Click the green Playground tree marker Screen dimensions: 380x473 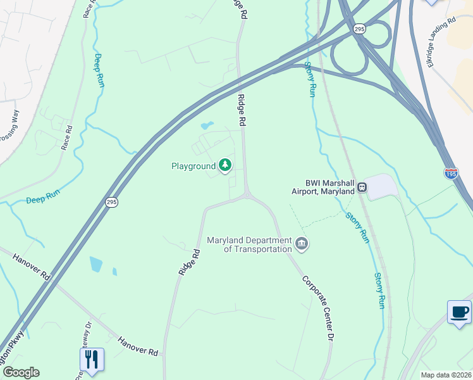point(225,166)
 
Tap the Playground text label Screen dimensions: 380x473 point(193,167)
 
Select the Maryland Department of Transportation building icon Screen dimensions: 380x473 point(302,244)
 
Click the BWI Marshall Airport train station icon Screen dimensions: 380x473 point(362,187)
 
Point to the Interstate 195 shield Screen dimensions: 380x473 point(451,174)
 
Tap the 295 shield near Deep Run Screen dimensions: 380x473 point(111,202)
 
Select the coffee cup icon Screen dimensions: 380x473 point(459,312)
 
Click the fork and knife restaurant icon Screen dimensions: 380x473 point(92,360)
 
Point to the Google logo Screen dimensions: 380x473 point(21,372)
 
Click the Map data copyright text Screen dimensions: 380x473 point(446,375)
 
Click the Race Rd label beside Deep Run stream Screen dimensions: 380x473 point(67,137)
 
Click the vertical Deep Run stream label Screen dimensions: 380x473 point(99,70)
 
